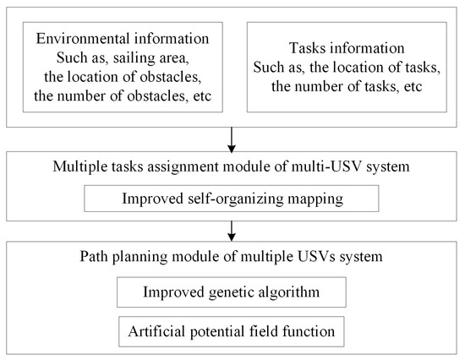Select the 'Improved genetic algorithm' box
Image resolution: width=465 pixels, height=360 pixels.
231,294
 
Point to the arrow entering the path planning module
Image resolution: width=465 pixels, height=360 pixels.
232,229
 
